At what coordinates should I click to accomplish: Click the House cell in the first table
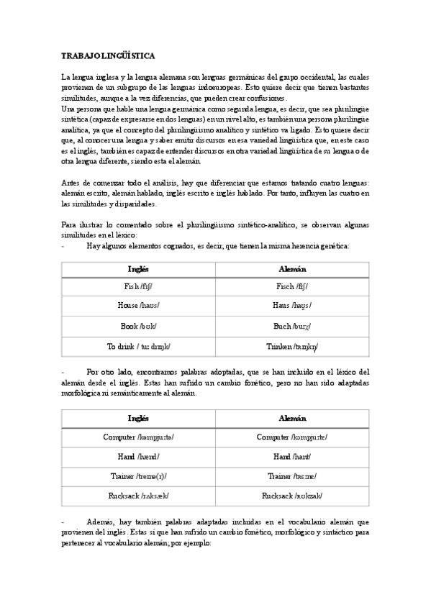pyautogui.click(x=139, y=306)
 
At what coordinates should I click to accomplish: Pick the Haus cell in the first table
pyautogui.click(x=292, y=306)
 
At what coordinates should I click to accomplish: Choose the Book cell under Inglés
pyautogui.click(x=139, y=326)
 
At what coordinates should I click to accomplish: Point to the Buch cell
pyautogui.click(x=292, y=326)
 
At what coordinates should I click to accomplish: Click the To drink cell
pyautogui.click(x=139, y=346)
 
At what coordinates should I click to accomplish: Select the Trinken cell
pyautogui.click(x=292, y=346)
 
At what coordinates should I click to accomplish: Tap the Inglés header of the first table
pyautogui.click(x=139, y=268)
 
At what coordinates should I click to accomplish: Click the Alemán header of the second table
pyautogui.click(x=292, y=419)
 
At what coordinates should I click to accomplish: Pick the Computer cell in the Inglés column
pyautogui.click(x=139, y=437)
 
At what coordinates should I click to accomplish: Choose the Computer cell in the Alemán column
pyautogui.click(x=292, y=437)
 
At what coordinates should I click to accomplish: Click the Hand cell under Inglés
pyautogui.click(x=139, y=456)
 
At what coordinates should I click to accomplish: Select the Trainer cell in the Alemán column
pyautogui.click(x=292, y=476)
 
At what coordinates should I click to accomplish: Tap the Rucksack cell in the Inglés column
pyautogui.click(x=139, y=496)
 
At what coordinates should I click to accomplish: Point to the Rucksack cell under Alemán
pyautogui.click(x=292, y=496)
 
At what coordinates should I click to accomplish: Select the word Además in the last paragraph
pyautogui.click(x=100, y=520)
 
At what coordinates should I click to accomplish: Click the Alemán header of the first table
pyautogui.click(x=292, y=268)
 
